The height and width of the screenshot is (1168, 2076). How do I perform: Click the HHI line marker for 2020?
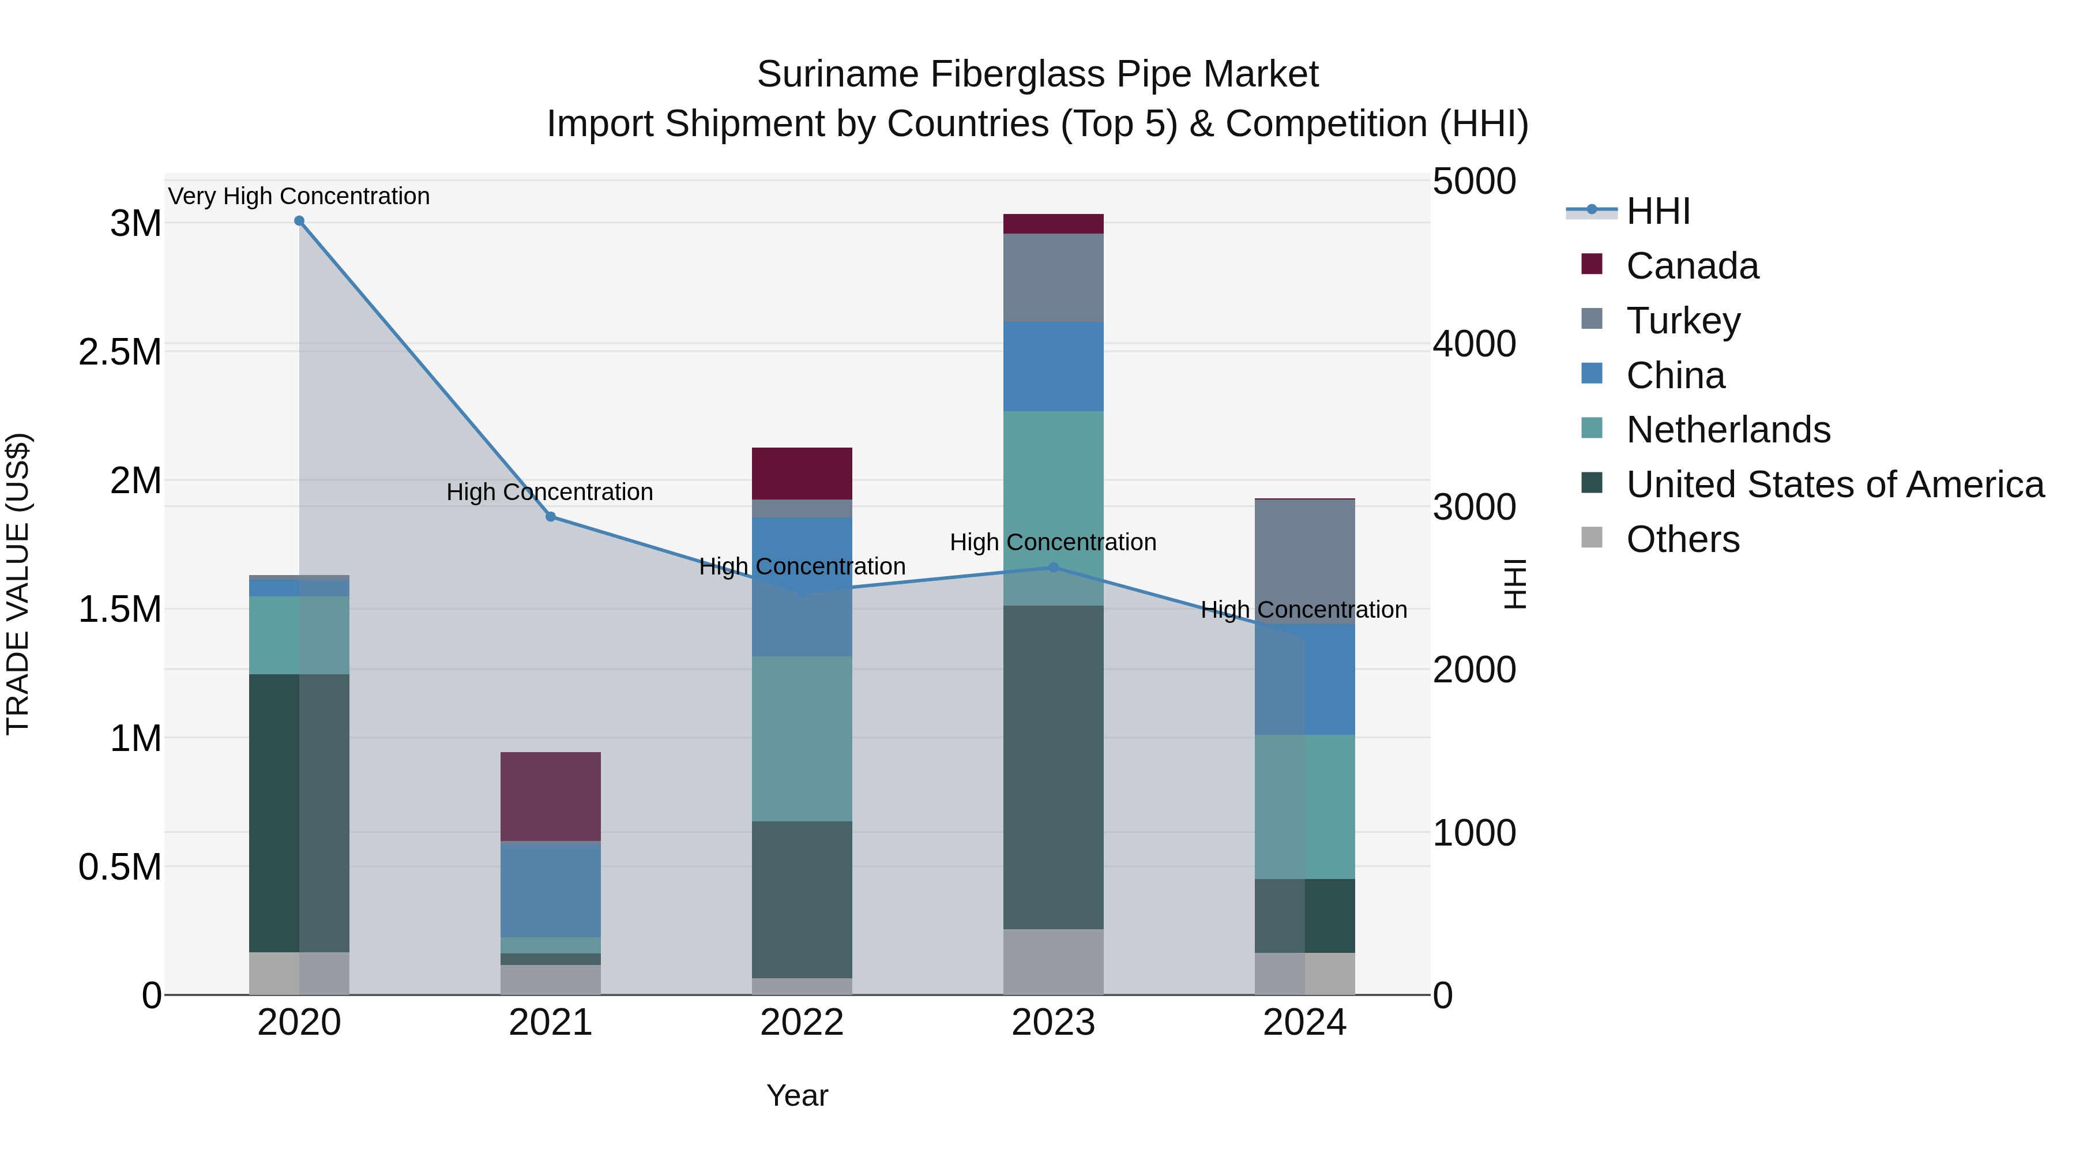[x=299, y=221]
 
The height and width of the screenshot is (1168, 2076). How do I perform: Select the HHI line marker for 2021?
[x=551, y=517]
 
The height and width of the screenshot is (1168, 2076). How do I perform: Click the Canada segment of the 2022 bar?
[x=802, y=473]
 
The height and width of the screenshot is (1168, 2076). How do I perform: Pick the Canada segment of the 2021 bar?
[x=551, y=797]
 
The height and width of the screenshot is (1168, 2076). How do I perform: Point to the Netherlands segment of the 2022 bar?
[x=802, y=738]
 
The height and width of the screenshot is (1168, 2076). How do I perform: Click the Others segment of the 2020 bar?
[x=299, y=973]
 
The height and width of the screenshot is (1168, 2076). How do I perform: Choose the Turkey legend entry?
[x=1683, y=321]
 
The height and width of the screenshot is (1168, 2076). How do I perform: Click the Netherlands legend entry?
[x=1728, y=430]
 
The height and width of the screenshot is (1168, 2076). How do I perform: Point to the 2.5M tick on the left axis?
[x=120, y=352]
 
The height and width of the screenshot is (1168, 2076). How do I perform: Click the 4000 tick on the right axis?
[x=1474, y=344]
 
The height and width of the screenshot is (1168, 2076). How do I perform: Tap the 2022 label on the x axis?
[x=802, y=1023]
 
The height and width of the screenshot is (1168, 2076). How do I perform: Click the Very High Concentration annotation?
[x=299, y=196]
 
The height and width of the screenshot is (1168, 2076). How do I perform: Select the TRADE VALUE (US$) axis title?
[x=18, y=584]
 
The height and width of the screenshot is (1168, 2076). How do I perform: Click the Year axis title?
[x=797, y=1095]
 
